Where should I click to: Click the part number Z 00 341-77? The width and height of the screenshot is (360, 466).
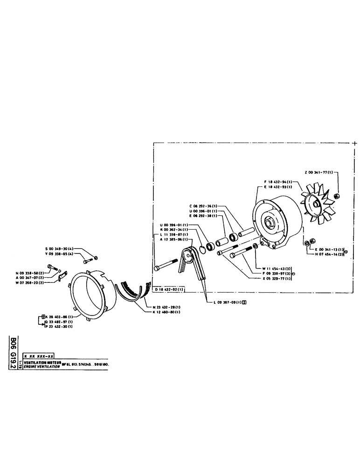(319, 172)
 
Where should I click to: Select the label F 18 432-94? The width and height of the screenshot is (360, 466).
(278, 181)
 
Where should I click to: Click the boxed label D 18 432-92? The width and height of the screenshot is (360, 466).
(169, 289)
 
